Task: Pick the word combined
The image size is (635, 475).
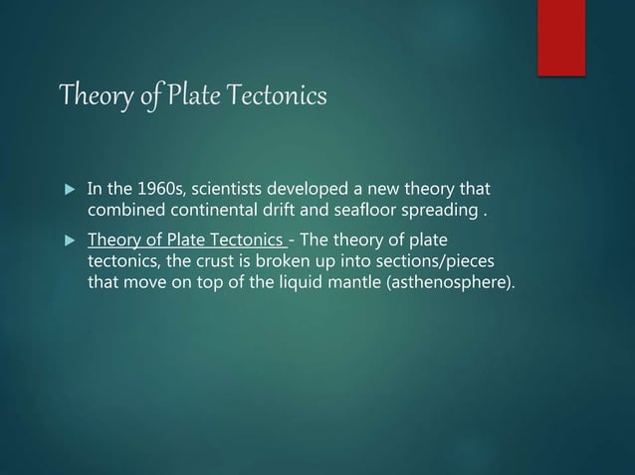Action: click(x=124, y=211)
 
